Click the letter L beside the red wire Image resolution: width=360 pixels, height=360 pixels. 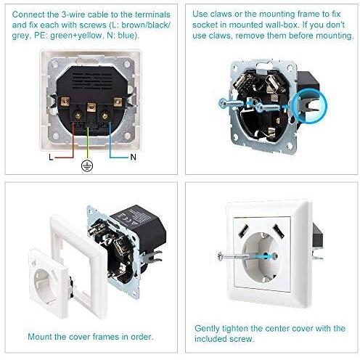pyautogui.click(x=51, y=157)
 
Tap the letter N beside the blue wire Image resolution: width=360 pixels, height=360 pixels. pyautogui.click(x=133, y=157)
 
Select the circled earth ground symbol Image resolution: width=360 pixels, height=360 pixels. pyautogui.click(x=87, y=165)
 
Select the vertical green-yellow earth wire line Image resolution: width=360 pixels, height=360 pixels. pyautogui.click(x=88, y=143)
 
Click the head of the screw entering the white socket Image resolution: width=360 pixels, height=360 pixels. pyautogui.click(x=220, y=256)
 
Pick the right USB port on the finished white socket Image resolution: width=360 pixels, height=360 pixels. pyautogui.click(x=278, y=231)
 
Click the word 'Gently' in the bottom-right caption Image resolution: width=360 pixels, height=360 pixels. pyautogui.click(x=207, y=329)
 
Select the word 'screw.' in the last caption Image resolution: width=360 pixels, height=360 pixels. pyautogui.click(x=241, y=339)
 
